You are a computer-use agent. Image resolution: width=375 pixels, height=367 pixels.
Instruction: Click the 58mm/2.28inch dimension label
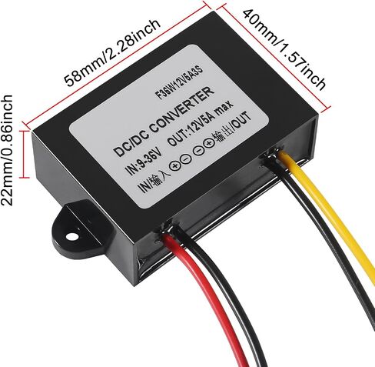point(112,52)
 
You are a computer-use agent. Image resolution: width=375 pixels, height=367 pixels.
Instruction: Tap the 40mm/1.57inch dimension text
point(284,49)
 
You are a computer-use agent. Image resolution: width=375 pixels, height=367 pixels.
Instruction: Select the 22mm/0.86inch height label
point(7,150)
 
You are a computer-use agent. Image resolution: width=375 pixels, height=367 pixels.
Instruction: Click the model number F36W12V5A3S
point(180,82)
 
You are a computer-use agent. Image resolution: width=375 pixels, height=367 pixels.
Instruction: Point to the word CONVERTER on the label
point(181,110)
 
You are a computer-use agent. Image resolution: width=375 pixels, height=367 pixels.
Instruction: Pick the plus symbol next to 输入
point(175,166)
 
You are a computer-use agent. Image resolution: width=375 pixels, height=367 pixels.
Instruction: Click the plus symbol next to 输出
point(209,144)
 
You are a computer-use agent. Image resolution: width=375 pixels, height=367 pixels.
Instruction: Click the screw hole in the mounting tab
point(71,236)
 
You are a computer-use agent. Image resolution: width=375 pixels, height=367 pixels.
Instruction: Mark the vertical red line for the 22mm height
point(25,154)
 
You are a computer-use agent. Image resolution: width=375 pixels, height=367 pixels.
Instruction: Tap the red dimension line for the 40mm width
point(274,56)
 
